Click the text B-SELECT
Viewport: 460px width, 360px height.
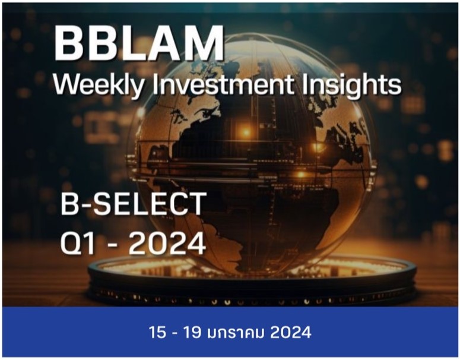click(x=133, y=206)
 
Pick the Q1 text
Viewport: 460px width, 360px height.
click(x=80, y=243)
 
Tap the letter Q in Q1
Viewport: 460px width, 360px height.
click(x=72, y=243)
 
